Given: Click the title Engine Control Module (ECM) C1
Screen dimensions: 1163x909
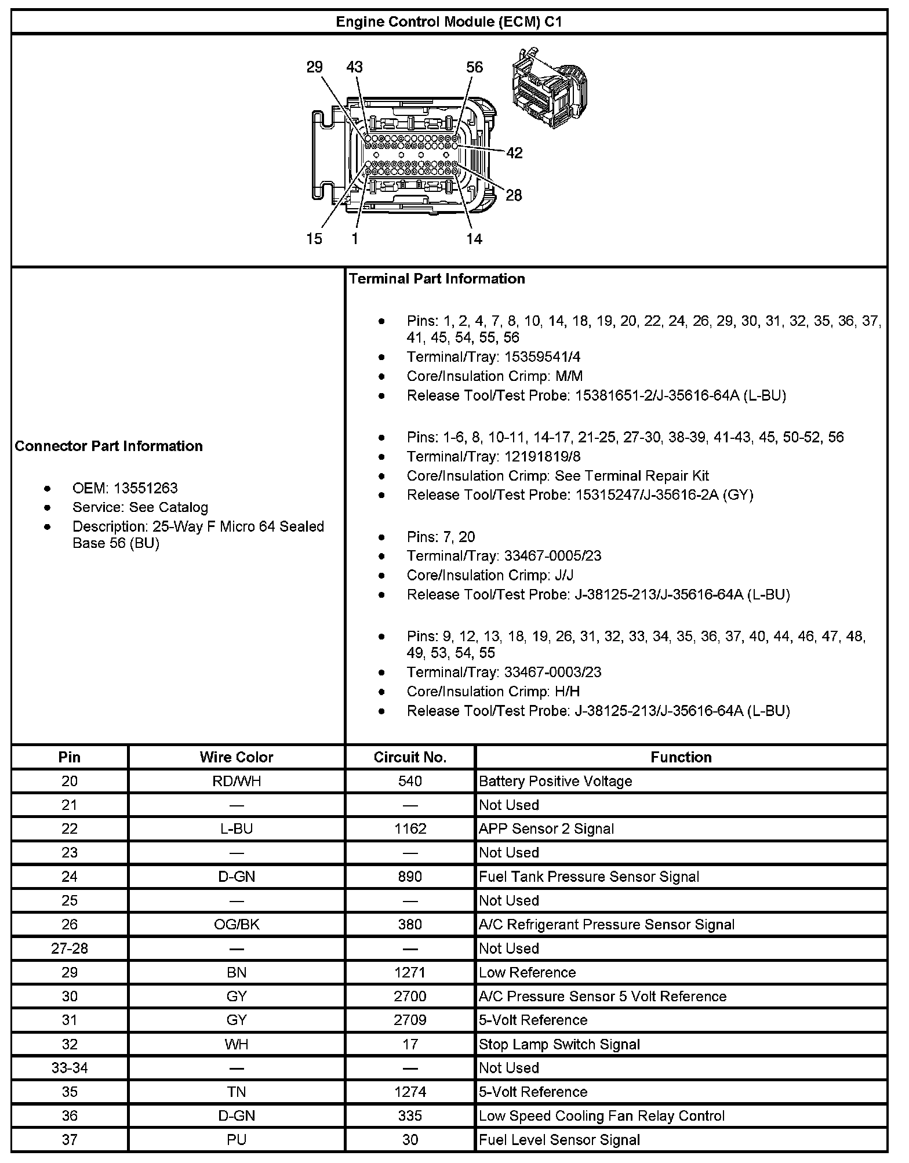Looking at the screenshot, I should [449, 22].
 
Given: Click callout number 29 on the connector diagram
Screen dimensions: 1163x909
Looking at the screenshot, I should [314, 67].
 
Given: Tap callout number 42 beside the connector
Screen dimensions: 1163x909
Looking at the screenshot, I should [514, 153].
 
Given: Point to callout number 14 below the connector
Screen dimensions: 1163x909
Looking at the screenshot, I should [474, 238].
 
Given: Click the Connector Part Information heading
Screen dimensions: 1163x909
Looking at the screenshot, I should [109, 446].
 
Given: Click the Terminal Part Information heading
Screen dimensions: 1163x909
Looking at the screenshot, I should [437, 279].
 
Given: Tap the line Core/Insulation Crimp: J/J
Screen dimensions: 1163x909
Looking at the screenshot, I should [490, 575].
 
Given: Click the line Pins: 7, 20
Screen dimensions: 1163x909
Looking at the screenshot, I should [441, 537].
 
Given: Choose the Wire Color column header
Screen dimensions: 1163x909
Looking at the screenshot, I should [236, 757].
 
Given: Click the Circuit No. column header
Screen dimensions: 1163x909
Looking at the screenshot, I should [410, 757].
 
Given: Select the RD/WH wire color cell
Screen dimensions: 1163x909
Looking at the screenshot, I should [236, 782].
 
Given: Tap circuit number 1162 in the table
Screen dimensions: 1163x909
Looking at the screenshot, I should [410, 829].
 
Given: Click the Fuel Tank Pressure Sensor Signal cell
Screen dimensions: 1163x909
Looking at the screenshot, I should [589, 877].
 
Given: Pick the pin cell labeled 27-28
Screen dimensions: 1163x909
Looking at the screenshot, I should [70, 948].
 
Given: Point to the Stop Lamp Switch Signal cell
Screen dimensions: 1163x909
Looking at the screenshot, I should [559, 1045].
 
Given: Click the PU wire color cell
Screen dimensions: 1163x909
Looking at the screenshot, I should [236, 1140].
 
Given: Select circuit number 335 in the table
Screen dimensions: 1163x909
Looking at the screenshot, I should [410, 1116].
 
